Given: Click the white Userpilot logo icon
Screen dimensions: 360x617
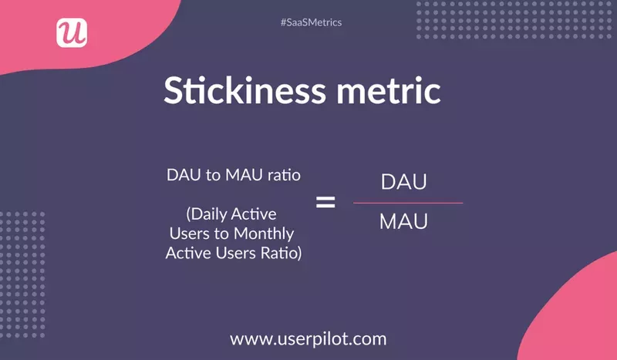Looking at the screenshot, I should (72, 32).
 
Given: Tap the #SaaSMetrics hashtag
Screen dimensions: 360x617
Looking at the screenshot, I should (311, 22).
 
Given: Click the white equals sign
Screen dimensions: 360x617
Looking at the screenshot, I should (326, 203).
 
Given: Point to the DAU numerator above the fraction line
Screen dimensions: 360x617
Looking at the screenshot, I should (404, 183).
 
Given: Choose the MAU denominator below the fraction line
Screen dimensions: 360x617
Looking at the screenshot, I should (404, 223).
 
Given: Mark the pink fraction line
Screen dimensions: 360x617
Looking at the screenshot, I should (408, 204).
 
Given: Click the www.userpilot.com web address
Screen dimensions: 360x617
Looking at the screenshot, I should (308, 338).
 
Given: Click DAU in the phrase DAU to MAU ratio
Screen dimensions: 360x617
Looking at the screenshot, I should (183, 175).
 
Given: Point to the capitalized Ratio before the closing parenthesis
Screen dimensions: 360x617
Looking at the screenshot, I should (279, 252).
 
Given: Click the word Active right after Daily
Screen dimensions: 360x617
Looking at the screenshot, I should (255, 214).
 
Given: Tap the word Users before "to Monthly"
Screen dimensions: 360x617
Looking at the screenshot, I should (188, 233).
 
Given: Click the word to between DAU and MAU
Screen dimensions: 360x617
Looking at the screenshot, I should (212, 175).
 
